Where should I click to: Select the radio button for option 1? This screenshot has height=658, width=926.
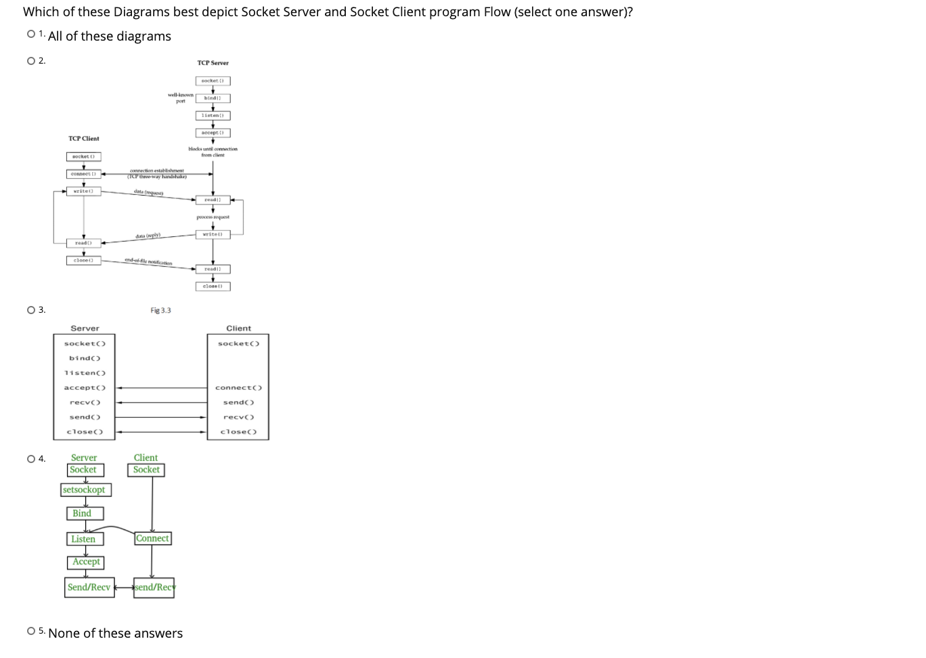31,34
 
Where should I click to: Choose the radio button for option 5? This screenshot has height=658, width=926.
31,631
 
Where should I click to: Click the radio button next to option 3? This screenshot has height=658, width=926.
31,310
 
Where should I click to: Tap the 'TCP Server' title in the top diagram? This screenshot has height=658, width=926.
213,63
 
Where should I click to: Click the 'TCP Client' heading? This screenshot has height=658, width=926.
83,139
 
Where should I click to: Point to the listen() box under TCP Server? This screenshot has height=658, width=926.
213,116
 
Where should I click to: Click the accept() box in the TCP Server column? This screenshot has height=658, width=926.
213,133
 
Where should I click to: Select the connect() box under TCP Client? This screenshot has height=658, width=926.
84,174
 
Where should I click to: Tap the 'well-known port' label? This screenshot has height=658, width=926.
181,98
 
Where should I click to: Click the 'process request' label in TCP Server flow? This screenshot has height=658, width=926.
213,217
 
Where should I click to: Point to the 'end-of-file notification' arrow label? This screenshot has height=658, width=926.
148,262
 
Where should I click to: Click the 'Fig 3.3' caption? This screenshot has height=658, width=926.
160,311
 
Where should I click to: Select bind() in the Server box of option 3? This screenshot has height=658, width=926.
85,358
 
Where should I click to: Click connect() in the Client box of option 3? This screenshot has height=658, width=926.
238,388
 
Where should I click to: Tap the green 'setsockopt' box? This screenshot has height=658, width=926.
85,489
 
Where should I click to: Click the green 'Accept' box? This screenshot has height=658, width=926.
86,562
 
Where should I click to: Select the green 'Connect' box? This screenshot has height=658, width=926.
152,538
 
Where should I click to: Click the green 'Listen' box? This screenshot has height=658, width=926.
84,539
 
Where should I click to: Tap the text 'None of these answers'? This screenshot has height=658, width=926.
115,634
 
